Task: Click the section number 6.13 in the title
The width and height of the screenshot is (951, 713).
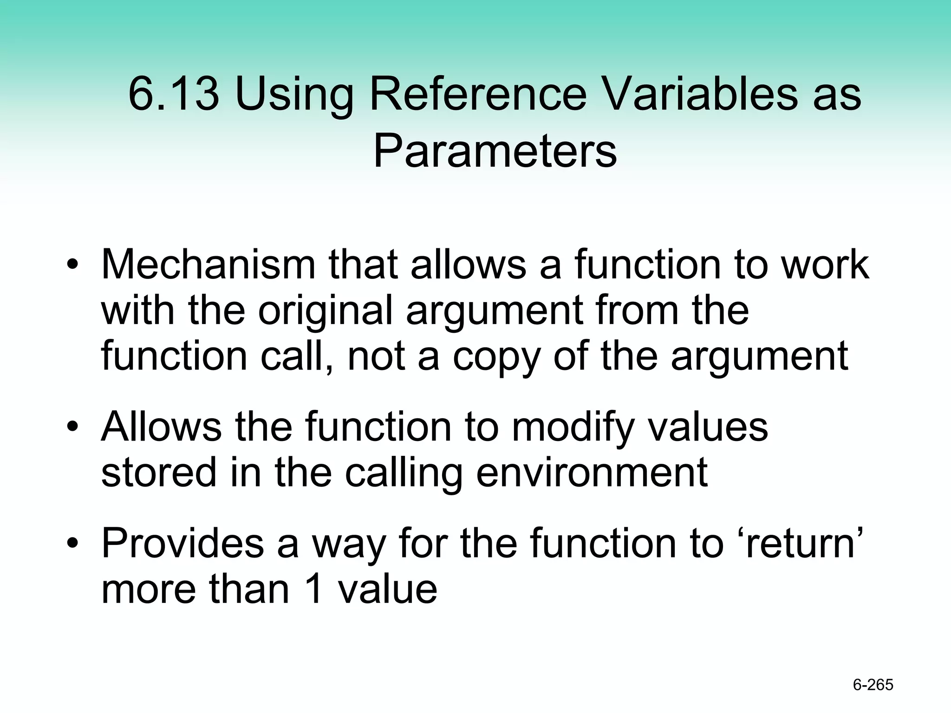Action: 173,94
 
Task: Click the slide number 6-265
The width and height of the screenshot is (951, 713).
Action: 873,685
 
